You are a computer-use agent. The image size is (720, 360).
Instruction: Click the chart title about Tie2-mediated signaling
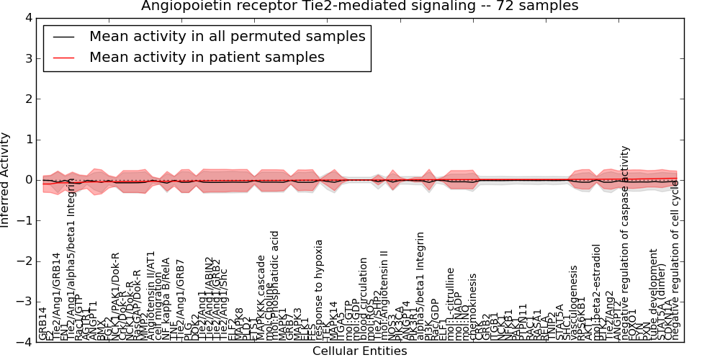(x=359, y=6)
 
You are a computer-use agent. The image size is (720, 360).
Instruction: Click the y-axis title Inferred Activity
(x=6, y=179)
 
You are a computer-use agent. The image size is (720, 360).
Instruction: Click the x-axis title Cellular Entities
(x=359, y=351)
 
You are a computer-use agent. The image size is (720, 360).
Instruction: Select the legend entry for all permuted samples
(x=227, y=37)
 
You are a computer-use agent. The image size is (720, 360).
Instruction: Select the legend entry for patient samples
(x=207, y=58)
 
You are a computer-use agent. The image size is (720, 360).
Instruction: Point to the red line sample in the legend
(x=63, y=58)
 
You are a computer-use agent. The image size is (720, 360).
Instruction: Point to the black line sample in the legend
(x=63, y=37)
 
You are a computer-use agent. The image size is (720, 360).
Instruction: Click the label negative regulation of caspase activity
(x=625, y=243)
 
